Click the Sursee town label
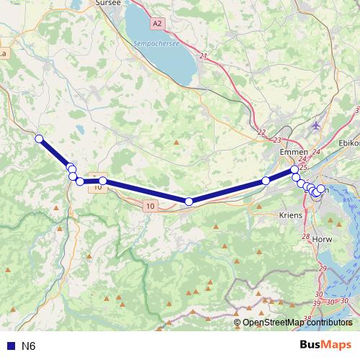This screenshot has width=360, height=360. (108, 3)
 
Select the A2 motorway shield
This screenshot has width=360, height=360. (158, 24)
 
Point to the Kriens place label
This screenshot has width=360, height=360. (290, 215)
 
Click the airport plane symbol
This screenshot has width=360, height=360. (316, 126)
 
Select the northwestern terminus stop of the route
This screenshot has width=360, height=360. (39, 138)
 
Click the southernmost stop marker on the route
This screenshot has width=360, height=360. (189, 202)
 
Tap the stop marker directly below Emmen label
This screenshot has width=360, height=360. (294, 169)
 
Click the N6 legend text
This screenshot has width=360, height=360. (28, 346)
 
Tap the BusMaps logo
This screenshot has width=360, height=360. (326, 345)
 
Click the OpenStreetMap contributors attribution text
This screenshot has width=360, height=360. (297, 322)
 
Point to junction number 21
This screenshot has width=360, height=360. (203, 56)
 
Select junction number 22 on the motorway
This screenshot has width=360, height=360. (261, 132)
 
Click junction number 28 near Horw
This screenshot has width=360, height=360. (305, 237)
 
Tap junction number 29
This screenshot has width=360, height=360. (321, 269)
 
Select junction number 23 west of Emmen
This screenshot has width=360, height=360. (277, 140)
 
